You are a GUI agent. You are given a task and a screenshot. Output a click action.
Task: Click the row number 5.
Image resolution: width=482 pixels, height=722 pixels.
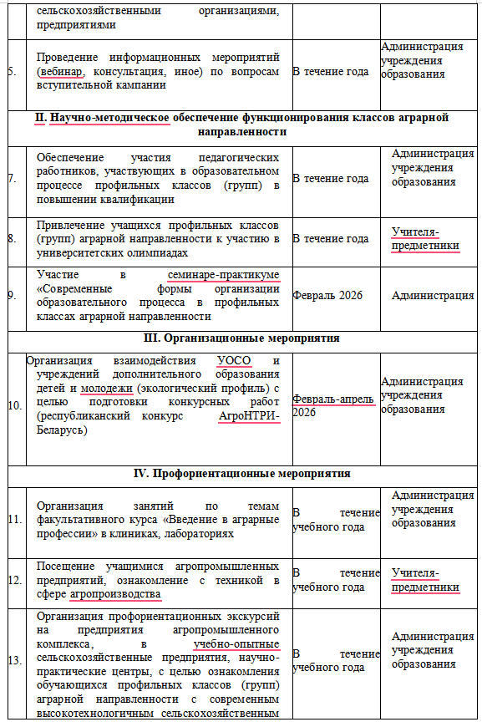point(12,71)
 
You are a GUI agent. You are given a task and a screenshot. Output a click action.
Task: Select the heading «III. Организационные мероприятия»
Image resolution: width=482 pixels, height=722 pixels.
point(240,338)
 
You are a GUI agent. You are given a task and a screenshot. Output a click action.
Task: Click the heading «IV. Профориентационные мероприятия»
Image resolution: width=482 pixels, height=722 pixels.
point(240,474)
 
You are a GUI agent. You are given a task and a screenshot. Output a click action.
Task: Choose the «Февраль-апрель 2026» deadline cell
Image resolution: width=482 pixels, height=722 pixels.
point(332,405)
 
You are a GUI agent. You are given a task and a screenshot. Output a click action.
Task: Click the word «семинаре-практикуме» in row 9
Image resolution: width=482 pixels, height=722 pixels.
point(223,276)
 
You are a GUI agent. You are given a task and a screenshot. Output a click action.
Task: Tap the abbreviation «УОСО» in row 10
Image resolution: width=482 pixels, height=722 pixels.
point(233,361)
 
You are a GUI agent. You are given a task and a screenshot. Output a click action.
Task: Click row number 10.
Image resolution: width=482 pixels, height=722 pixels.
point(14,405)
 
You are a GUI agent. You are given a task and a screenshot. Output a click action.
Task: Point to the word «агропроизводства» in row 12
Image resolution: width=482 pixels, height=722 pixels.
point(115,593)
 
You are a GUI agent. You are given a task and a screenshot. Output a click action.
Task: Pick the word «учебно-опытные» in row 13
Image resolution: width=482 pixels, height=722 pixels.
point(236,644)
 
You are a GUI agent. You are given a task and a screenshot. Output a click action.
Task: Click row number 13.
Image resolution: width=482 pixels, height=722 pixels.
point(14,660)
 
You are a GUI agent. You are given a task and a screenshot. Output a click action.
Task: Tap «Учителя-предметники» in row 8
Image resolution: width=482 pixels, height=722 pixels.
point(426,238)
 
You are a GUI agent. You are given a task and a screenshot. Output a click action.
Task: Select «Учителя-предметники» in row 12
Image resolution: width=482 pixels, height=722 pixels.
point(426,579)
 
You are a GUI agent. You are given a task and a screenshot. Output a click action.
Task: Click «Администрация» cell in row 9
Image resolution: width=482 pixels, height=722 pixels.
point(432,295)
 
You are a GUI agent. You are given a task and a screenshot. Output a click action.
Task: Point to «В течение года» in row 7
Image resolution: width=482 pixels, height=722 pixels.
point(330,178)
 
